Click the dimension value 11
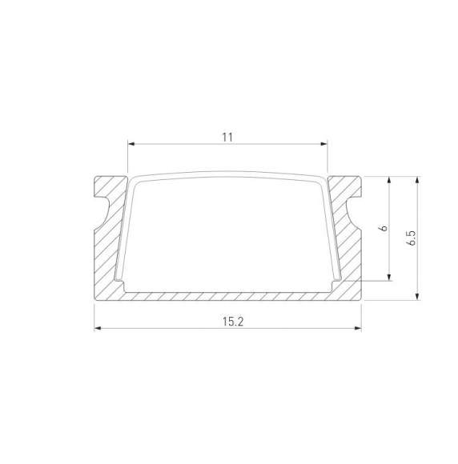click(227, 137)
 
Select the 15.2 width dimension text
click(228, 321)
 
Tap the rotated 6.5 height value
click(410, 238)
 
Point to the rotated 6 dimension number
click(384, 228)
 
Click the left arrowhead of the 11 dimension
click(132, 145)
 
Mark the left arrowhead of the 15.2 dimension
click(98, 328)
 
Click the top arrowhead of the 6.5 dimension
click(417, 180)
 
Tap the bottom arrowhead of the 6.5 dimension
click(417, 297)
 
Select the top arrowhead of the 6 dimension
click(390, 180)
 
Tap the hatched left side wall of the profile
click(108, 256)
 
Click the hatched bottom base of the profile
click(228, 296)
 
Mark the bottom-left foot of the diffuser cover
click(120, 282)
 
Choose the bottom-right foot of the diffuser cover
click(336, 282)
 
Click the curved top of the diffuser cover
click(228, 174)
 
